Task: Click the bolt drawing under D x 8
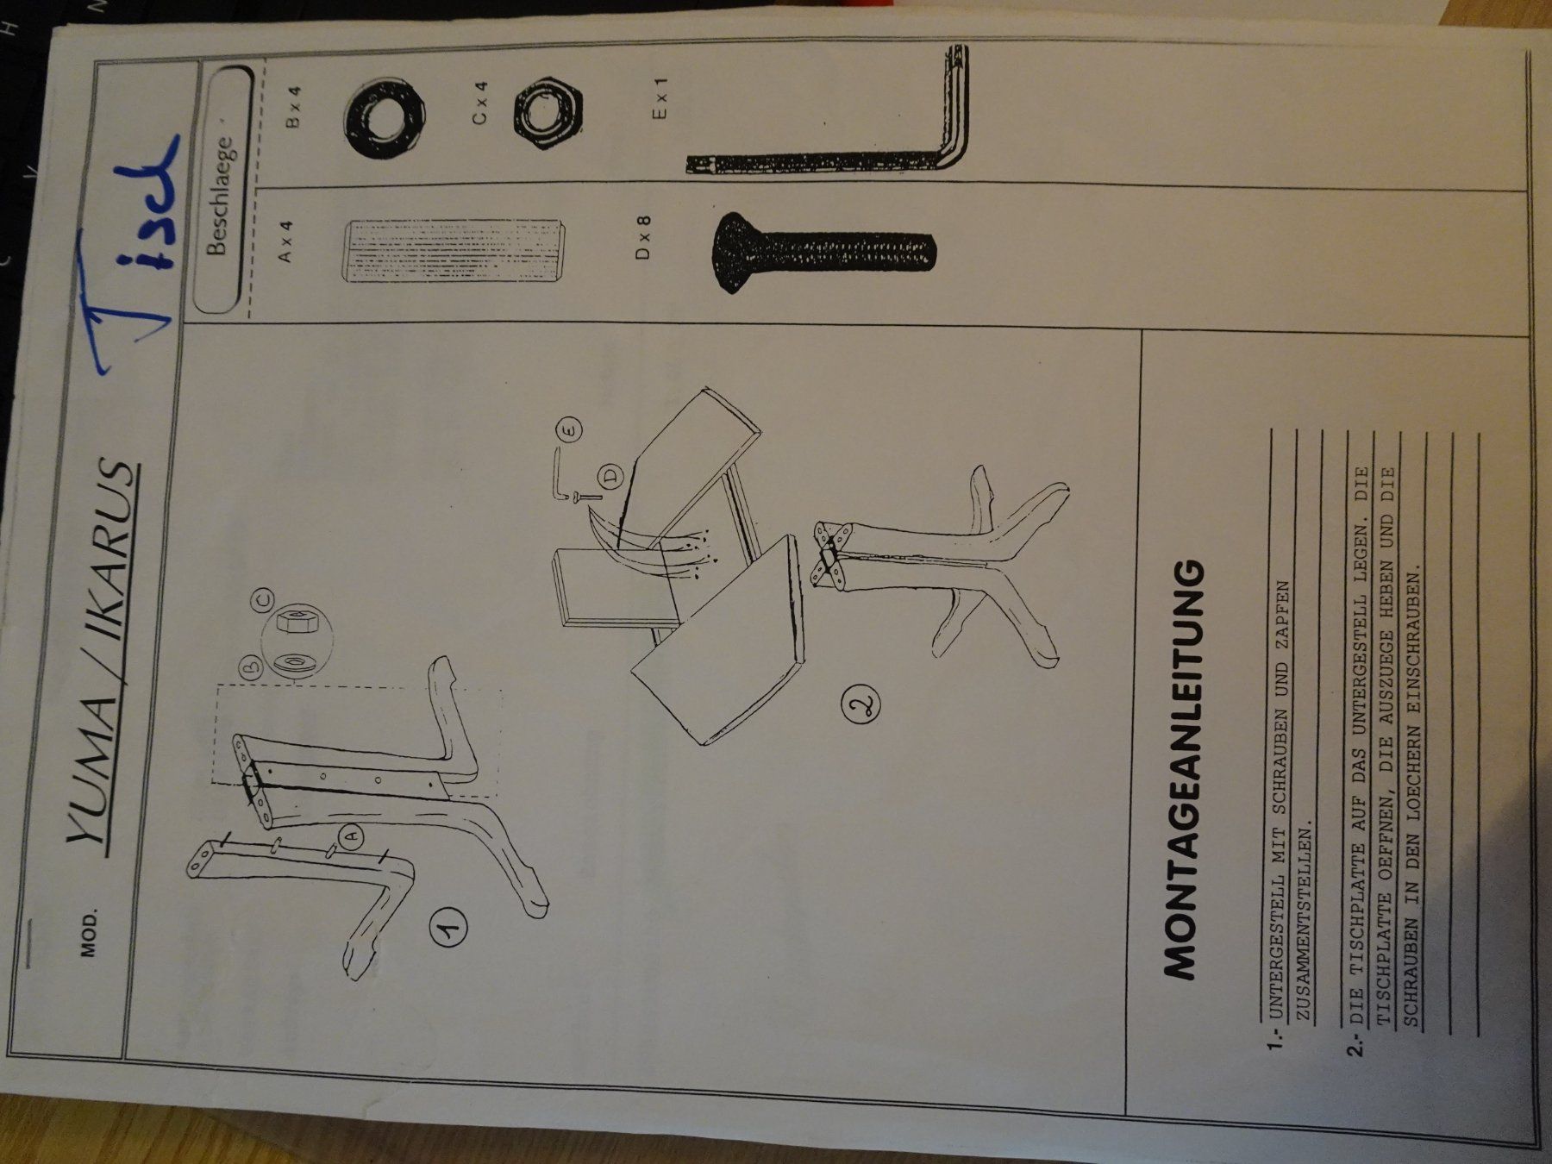point(823,252)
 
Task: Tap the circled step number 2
point(862,706)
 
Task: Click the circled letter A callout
point(351,835)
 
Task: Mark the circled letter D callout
point(610,475)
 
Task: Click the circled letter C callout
point(263,597)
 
